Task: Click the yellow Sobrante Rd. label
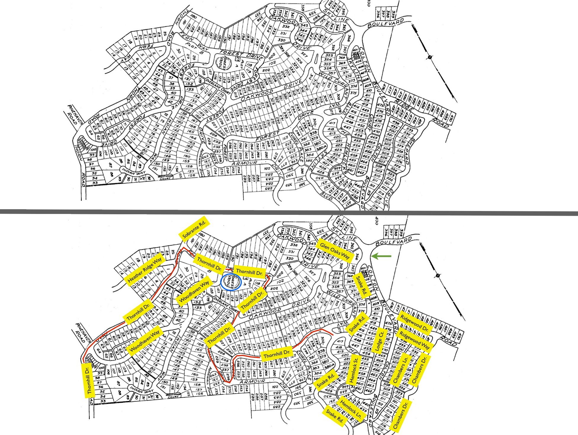click(x=194, y=229)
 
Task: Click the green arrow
click(x=381, y=256)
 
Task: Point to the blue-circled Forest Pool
click(x=231, y=283)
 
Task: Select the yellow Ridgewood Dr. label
click(x=414, y=323)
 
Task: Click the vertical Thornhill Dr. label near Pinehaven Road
click(x=90, y=380)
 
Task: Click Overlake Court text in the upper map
click(x=218, y=86)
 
